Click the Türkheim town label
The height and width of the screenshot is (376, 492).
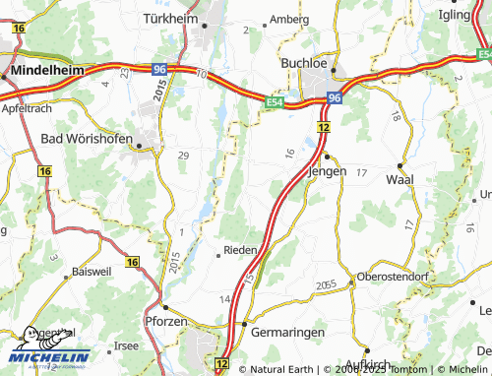[x=170, y=19]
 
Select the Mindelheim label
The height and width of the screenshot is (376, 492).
[x=47, y=72]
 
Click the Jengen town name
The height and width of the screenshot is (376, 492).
[x=329, y=169]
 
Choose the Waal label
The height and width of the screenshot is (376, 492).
[x=400, y=179]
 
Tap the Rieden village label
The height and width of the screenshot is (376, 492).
[x=241, y=250]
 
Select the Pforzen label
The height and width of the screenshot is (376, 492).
[x=166, y=322]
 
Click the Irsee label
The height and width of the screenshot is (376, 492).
[x=127, y=346]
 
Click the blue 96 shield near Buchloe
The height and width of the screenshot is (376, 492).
[x=335, y=98]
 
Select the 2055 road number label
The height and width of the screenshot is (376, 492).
[x=327, y=284]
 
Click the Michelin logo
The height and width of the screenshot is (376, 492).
[x=48, y=356]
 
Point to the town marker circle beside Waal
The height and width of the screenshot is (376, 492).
[x=401, y=164]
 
